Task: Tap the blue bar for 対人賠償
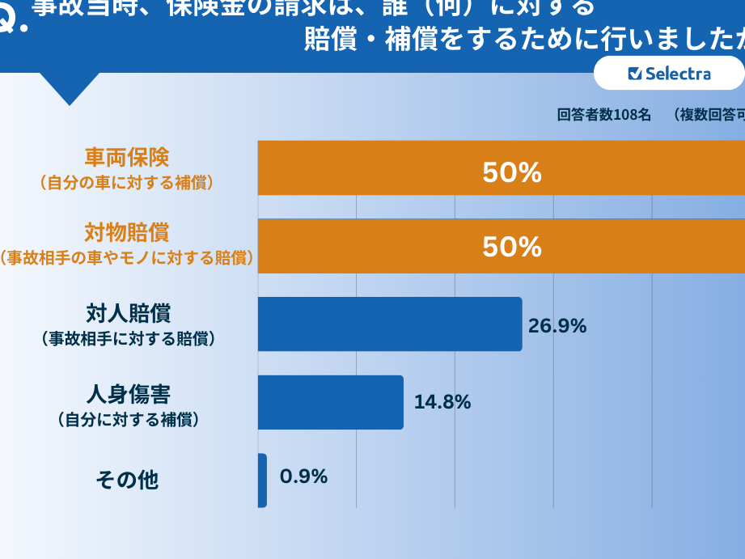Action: point(389,324)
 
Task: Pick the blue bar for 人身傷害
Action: point(330,402)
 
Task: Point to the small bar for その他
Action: point(262,481)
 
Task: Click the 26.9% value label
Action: point(557,326)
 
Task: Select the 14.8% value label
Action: point(442,402)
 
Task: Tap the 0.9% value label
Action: point(303,477)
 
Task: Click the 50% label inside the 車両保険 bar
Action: point(511,172)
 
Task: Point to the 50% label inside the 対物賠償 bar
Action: point(511,247)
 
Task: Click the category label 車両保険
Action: point(127,157)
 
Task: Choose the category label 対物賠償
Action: point(127,233)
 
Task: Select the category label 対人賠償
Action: point(128,312)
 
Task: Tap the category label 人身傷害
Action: point(128,394)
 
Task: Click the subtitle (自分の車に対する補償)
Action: point(127,183)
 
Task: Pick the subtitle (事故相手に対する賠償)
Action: point(128,339)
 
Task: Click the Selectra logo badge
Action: point(668,74)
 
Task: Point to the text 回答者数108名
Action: point(603,115)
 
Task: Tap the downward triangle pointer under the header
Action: point(70,87)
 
